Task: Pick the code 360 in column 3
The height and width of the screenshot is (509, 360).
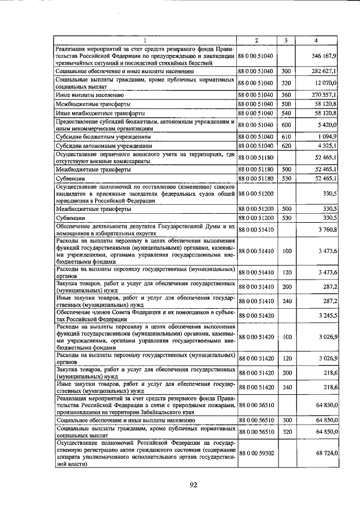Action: pyautogui.click(x=286, y=95)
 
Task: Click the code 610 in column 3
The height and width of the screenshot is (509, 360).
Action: pyautogui.click(x=286, y=136)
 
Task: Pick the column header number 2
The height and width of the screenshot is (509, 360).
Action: pyautogui.click(x=256, y=40)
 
